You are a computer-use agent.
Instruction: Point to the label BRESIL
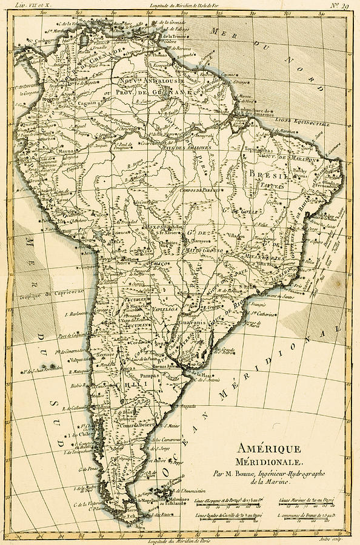click(x=262, y=173)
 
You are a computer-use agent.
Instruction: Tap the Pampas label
click(x=149, y=376)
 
